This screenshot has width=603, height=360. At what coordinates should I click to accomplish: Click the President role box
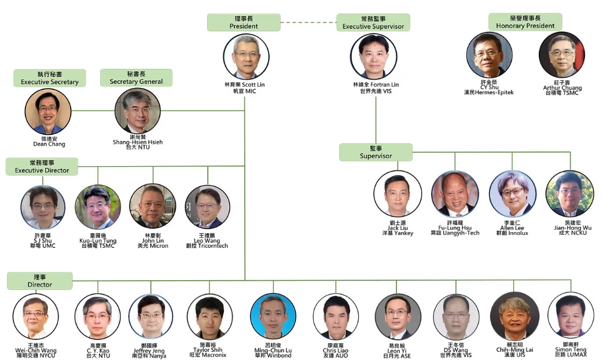pyautogui.click(x=244, y=23)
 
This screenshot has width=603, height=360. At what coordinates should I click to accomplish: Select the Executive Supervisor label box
pyautogui.click(x=373, y=23)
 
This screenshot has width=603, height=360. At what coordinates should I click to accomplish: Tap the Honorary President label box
pyautogui.click(x=525, y=22)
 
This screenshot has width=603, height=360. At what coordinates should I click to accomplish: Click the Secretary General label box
pyautogui.click(x=136, y=78)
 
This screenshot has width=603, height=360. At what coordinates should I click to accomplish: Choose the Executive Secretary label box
pyautogui.click(x=50, y=78)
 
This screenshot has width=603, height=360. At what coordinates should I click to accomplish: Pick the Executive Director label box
pyautogui.click(x=42, y=167)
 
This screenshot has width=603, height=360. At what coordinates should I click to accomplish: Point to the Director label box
pyautogui.click(x=40, y=281)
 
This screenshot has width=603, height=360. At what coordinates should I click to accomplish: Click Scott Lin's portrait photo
pyautogui.click(x=247, y=57)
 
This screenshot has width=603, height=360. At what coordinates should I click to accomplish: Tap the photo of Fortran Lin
pyautogui.click(x=373, y=57)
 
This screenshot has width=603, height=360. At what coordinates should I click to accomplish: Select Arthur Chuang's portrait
pyautogui.click(x=561, y=55)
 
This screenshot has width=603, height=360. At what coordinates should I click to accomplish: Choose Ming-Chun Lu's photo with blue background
pyautogui.click(x=273, y=316)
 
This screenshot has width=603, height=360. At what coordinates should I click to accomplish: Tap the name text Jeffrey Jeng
pyautogui.click(x=151, y=351)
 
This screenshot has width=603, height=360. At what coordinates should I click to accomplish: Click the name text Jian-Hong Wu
pyautogui.click(x=569, y=228)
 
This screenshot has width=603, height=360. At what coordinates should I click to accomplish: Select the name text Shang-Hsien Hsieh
pyautogui.click(x=138, y=141)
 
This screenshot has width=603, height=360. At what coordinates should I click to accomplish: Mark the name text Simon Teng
pyautogui.click(x=571, y=350)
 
